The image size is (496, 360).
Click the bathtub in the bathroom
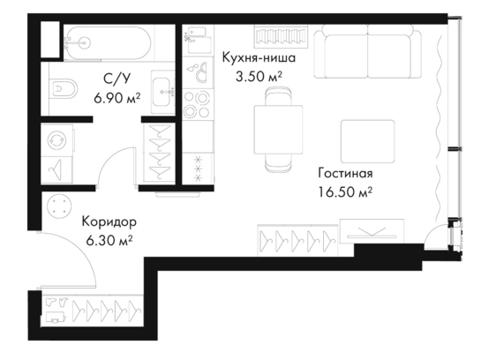[x=108, y=42]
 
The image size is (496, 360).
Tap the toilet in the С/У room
[x=64, y=88]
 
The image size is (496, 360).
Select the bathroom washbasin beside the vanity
[x=163, y=92]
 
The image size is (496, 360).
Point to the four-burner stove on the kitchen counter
[x=197, y=104]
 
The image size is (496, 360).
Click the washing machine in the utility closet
[x=57, y=140]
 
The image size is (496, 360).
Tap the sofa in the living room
[x=367, y=51]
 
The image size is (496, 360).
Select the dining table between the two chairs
[x=278, y=130]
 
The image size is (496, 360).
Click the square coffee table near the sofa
[x=367, y=141]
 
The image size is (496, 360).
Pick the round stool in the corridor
[x=58, y=206]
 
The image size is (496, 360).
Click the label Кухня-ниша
[x=259, y=58]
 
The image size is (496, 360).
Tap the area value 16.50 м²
[x=345, y=192]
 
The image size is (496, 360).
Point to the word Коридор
[x=109, y=221]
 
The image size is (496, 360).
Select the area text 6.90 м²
[x=117, y=99]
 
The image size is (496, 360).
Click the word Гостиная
[x=345, y=173]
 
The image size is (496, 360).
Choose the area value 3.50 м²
[x=259, y=77]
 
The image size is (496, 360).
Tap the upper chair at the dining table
[x=278, y=96]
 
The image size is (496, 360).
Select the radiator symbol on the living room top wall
[x=281, y=36]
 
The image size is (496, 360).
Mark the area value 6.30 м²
[x=109, y=241]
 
